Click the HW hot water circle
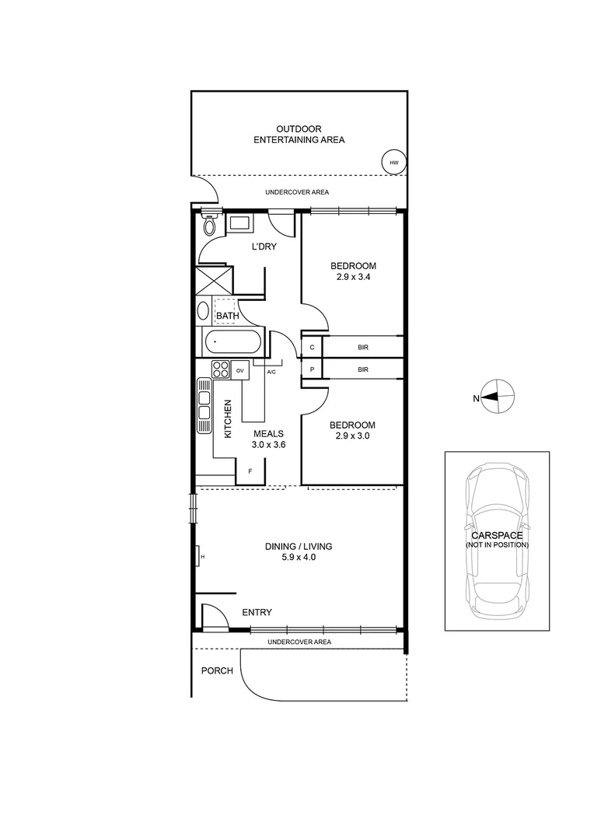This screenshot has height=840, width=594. pos(393,163)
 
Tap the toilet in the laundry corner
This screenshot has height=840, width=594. pos(208,226)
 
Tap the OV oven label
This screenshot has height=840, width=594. pos(240,371)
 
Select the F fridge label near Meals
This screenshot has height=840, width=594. pos(250,472)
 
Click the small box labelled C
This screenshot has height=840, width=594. pos(312,347)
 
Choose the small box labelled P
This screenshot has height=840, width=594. pos(312,369)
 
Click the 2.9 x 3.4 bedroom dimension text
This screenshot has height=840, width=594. pos(352,276)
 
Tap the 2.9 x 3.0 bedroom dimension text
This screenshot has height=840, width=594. pos(352,436)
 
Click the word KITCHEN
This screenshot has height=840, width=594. pos(228,419)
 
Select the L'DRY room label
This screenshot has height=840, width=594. pos(264,247)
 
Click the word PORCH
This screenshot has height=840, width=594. pos(217,670)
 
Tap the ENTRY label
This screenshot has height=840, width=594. pos(257,613)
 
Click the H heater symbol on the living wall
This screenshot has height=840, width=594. pos(201,557)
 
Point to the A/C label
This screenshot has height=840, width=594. pos(271,373)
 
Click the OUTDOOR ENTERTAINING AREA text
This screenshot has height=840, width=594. pos(299,135)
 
